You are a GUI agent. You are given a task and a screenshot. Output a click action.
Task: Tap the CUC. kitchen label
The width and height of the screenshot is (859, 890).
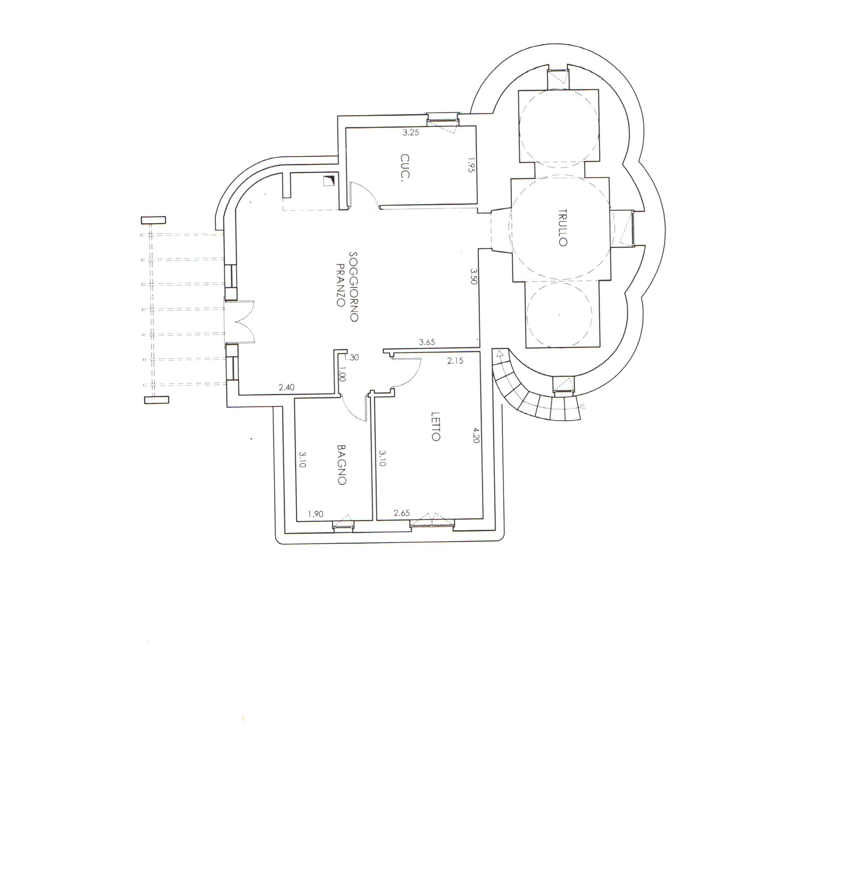404,168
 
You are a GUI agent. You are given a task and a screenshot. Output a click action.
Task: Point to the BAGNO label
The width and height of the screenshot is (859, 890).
342,464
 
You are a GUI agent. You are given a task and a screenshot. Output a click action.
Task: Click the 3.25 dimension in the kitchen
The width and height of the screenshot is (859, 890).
411,132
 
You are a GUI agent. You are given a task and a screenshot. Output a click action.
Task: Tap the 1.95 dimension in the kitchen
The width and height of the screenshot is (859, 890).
471,165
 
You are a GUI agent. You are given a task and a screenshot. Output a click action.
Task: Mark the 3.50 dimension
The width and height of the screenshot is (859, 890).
473,276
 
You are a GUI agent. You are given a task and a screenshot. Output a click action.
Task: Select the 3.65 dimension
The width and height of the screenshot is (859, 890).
426,342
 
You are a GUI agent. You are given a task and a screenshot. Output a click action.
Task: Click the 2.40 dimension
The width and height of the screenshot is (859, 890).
286,387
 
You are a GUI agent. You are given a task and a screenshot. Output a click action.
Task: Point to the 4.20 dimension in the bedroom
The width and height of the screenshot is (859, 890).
476,435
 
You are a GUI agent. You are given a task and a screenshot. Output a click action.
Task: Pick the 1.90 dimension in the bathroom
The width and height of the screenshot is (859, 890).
315,514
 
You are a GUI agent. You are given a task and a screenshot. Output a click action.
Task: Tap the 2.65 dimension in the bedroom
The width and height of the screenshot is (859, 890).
402,513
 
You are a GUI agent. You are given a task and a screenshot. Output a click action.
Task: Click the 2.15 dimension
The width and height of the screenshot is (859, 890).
455,360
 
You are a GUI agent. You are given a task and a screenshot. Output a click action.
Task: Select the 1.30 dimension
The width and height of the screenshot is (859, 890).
352,357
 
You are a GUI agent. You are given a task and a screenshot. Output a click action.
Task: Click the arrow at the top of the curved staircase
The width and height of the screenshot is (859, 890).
500,353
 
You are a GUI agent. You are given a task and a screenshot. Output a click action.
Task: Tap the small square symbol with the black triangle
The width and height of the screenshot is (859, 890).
328,181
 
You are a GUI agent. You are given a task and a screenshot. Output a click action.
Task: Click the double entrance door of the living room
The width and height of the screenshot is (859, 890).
240,322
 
